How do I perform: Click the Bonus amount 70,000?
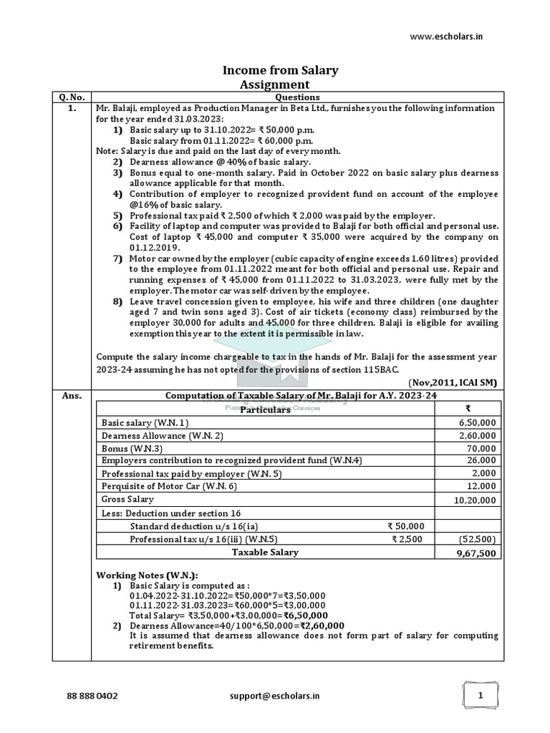pos(482,448)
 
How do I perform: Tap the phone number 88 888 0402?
pos(92,695)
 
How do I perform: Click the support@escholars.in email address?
pos(275,695)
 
